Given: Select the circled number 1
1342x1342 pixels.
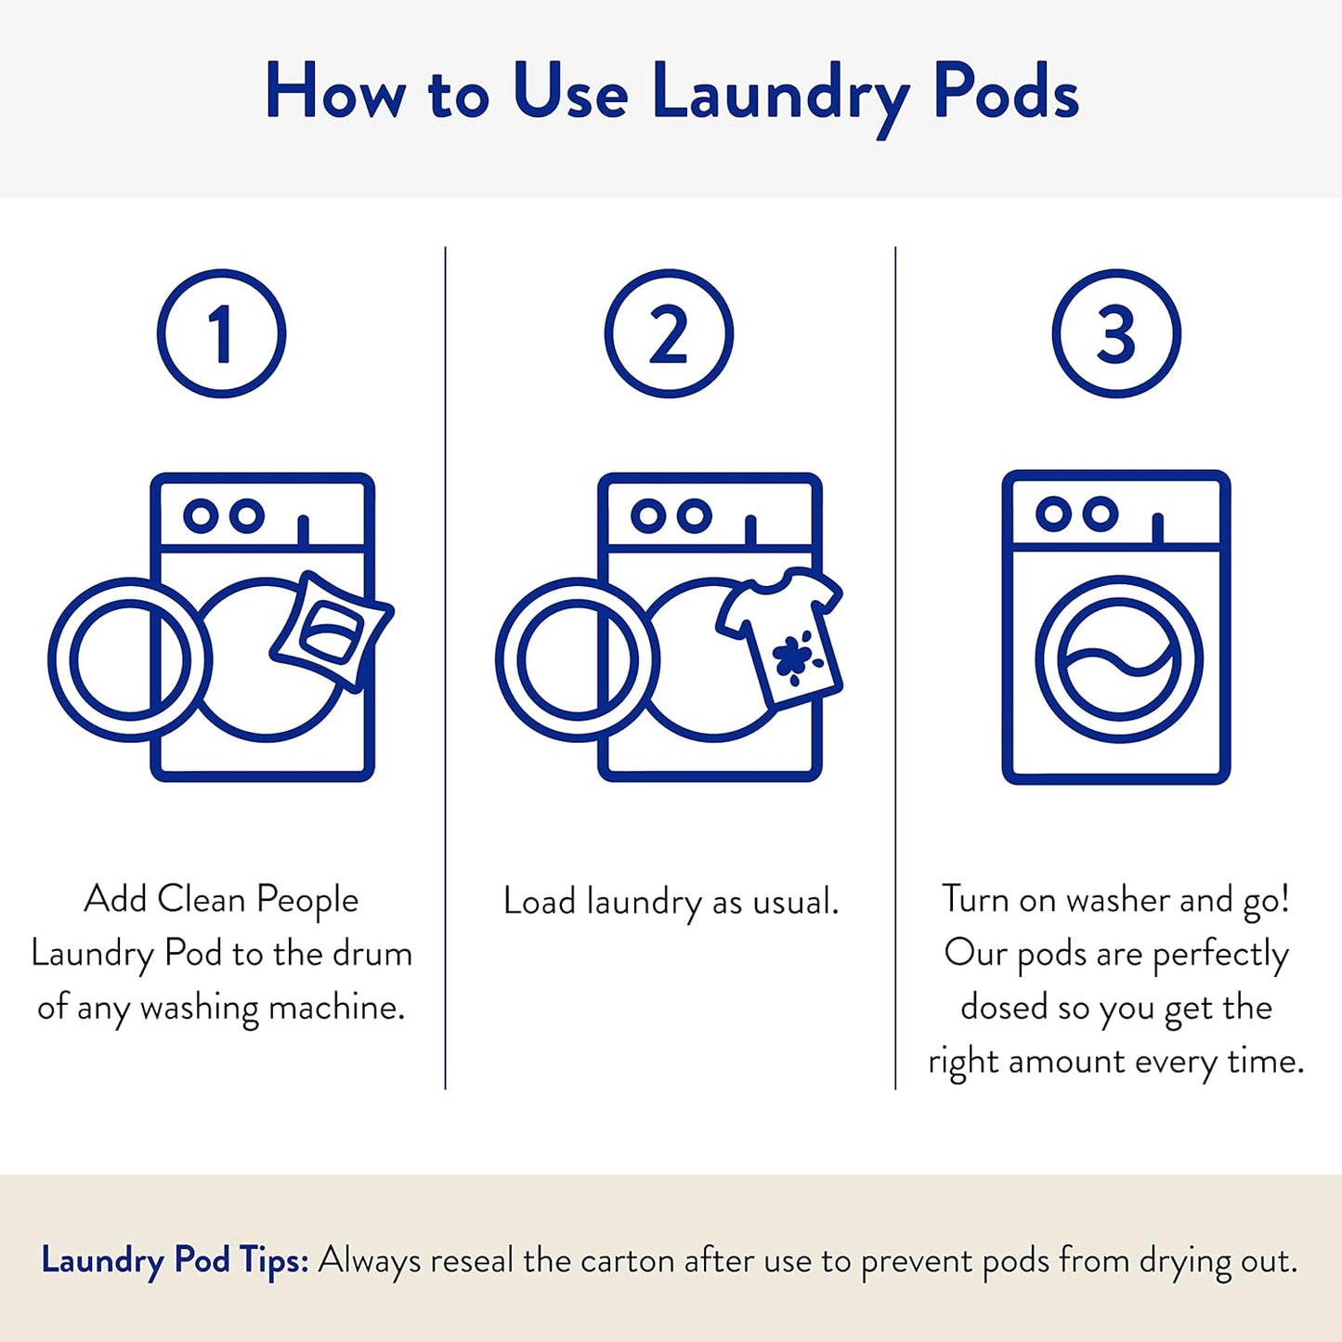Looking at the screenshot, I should click(221, 334).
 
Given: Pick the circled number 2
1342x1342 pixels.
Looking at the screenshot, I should click(669, 334).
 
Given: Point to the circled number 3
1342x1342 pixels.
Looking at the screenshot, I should click(1115, 334).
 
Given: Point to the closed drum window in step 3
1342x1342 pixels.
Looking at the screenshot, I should click(1118, 659).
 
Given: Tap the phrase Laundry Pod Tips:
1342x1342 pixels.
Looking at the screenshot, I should click(175, 1261).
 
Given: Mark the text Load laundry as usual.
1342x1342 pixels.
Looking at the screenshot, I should click(671, 902).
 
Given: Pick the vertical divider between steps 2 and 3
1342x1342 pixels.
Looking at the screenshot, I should click(895, 669).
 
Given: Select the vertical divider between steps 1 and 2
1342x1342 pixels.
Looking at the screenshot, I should click(446, 669).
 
